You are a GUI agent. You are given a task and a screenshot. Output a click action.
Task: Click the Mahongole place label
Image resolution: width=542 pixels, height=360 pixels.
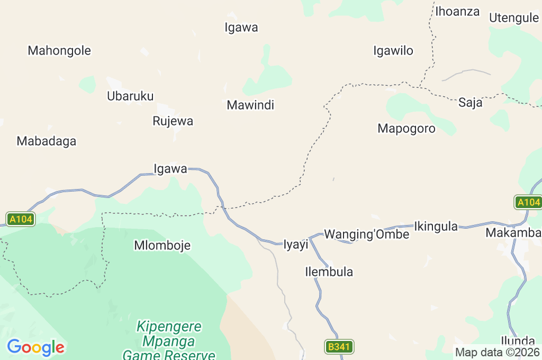tap(59, 51)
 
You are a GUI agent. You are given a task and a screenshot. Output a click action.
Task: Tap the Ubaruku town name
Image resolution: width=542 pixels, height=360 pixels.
tap(130, 96)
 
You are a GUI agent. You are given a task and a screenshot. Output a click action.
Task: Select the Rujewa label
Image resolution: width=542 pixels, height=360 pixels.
tap(173, 121)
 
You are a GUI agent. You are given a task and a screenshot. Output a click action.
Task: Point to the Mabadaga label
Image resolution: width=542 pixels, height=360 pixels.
tap(47, 141)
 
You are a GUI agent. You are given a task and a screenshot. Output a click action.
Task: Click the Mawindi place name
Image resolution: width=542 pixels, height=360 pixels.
tap(250, 105)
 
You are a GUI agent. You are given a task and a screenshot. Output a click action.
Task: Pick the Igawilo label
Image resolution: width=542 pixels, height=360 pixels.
tap(393, 51)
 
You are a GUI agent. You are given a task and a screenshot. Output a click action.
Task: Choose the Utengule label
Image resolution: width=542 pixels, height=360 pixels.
tap(514, 18)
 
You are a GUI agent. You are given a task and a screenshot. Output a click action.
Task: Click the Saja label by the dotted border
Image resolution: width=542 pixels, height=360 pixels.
tap(471, 103)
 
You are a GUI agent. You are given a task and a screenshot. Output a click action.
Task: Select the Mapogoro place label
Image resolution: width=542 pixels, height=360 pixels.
tap(406, 129)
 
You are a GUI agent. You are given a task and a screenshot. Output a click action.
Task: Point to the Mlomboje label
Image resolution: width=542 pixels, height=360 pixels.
tap(162, 246)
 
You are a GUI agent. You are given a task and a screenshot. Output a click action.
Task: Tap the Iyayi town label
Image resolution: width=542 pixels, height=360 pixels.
tap(296, 245)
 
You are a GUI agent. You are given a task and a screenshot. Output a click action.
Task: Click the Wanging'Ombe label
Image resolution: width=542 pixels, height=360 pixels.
tap(367, 234)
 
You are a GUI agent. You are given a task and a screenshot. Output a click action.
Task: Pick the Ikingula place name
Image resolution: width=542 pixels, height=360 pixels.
tap(436, 227)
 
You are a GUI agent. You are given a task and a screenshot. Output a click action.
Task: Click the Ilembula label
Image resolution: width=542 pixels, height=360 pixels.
tap(329, 272)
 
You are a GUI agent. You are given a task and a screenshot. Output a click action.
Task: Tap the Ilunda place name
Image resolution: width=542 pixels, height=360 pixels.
tap(518, 340)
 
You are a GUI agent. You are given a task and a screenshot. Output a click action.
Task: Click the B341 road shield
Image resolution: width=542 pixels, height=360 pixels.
tap(339, 347)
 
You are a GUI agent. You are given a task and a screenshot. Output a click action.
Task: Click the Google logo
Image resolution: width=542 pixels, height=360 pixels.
tap(35, 348)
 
